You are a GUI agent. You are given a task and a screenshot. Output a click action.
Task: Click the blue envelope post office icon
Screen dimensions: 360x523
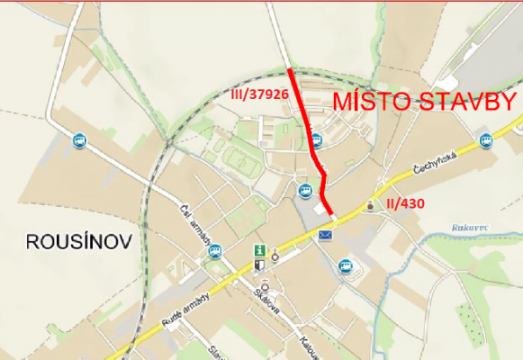tap(325, 235)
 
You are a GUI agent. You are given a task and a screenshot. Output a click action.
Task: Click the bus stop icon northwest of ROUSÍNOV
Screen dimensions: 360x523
tap(79, 140)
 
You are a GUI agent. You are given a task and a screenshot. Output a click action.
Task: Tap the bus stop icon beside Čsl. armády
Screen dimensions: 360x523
tap(214, 252)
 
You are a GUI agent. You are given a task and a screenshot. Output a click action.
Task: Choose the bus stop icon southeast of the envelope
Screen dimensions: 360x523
tap(345, 265)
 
